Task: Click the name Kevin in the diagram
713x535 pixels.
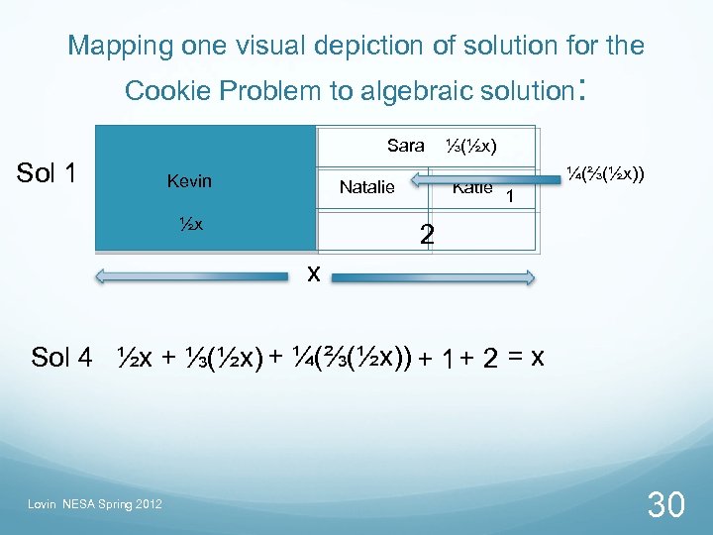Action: (189, 181)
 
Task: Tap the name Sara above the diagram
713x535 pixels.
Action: (406, 147)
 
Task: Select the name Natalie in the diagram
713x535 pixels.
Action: (366, 186)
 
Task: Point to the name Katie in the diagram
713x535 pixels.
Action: (472, 187)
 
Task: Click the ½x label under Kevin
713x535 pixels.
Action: (190, 223)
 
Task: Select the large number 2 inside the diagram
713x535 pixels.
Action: (426, 235)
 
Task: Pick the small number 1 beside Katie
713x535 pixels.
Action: (509, 197)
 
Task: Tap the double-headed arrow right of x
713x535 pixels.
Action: (435, 279)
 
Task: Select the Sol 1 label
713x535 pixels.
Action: (48, 173)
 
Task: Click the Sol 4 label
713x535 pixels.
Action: (61, 358)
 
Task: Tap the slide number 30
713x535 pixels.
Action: (665, 505)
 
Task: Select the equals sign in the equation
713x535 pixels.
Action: (515, 358)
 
